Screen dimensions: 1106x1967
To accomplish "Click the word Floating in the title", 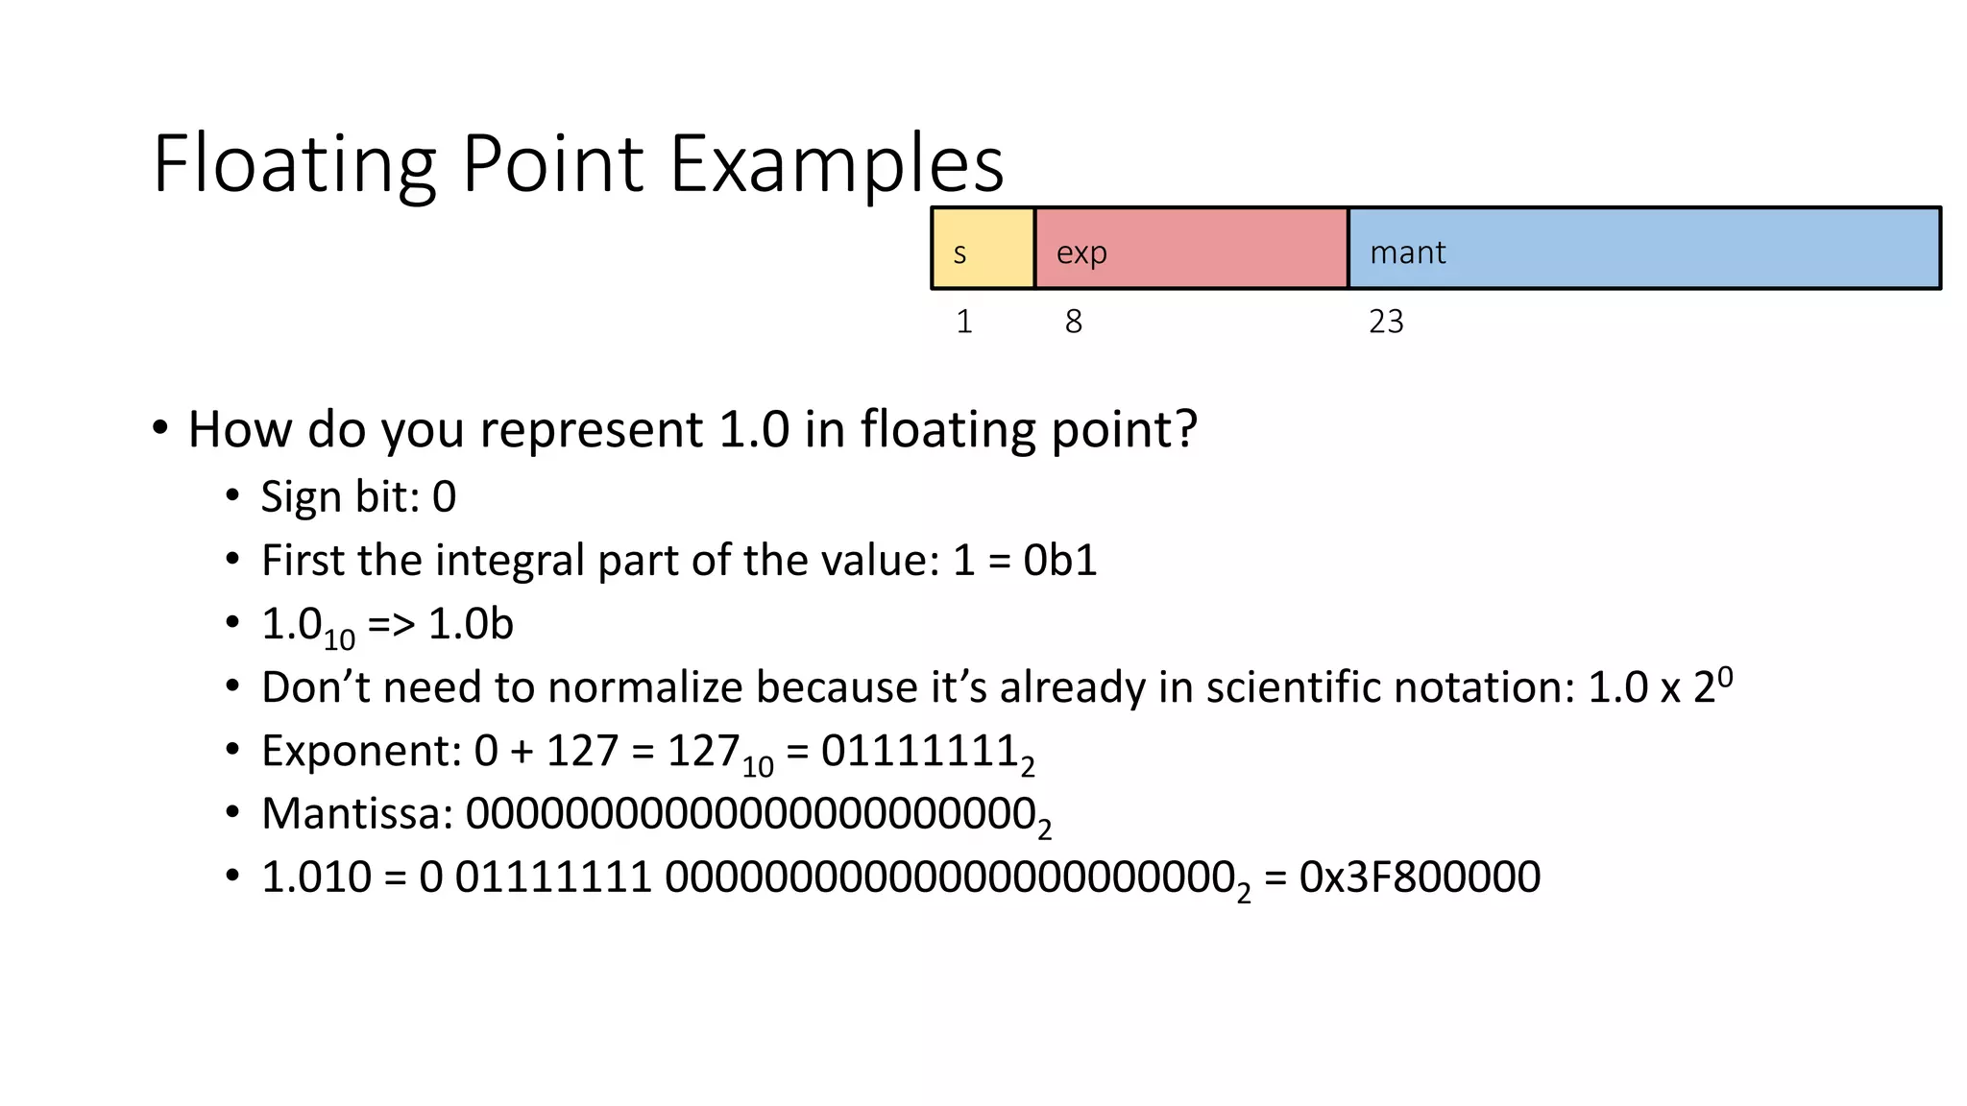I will click(294, 165).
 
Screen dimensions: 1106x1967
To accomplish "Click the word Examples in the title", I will click(836, 165).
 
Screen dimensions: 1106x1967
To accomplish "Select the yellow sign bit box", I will click(983, 249).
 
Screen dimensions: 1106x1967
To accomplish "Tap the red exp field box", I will click(1191, 249).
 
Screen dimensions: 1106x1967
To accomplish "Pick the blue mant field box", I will click(1643, 249).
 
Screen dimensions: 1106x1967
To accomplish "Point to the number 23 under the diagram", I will click(1386, 322).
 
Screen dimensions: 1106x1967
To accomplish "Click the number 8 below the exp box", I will click(1073, 322).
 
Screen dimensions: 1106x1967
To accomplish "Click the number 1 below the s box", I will click(964, 322).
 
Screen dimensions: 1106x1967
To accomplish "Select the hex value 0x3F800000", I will click(1420, 878).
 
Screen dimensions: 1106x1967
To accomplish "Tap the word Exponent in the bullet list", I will click(361, 751).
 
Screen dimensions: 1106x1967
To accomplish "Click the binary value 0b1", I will click(1059, 561).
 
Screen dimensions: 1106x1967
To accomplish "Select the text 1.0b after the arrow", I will click(471, 624).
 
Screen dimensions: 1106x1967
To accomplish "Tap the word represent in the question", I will click(591, 429).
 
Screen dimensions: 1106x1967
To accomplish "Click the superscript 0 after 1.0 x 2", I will click(1724, 677).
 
